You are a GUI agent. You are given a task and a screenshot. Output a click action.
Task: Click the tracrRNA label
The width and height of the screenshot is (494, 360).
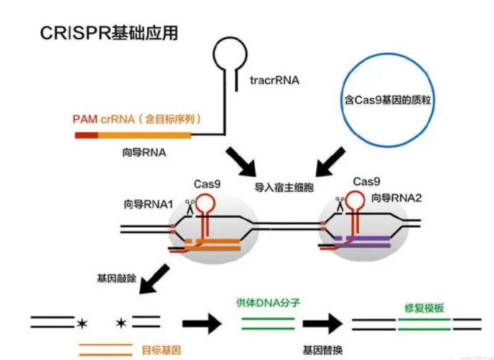(x=274, y=81)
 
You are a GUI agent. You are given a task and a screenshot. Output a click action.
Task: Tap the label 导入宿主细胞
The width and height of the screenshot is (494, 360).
(x=284, y=188)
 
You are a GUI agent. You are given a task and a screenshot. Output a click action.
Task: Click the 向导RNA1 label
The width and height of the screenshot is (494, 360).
(x=148, y=204)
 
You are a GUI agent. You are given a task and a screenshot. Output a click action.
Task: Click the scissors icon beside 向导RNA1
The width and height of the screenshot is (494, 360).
(x=189, y=208)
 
